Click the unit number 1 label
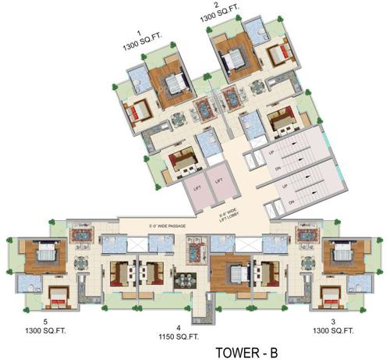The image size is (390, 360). pos(138,33)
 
